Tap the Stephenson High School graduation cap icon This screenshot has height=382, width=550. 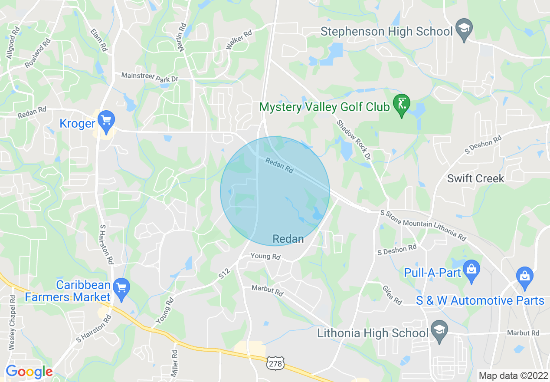coord(464,30)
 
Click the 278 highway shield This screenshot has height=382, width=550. coord(275,364)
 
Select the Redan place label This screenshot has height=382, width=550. coord(288,239)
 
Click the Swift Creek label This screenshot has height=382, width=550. coord(475,178)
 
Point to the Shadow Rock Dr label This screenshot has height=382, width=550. coord(354,139)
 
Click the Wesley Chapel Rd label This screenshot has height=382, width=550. coord(12,323)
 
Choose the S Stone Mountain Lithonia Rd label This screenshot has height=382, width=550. coord(423,225)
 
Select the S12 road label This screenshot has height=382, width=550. coord(225,273)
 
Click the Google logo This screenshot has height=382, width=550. coord(29,372)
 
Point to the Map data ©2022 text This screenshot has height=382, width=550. coord(512,375)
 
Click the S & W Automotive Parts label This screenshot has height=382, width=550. coord(480,300)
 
